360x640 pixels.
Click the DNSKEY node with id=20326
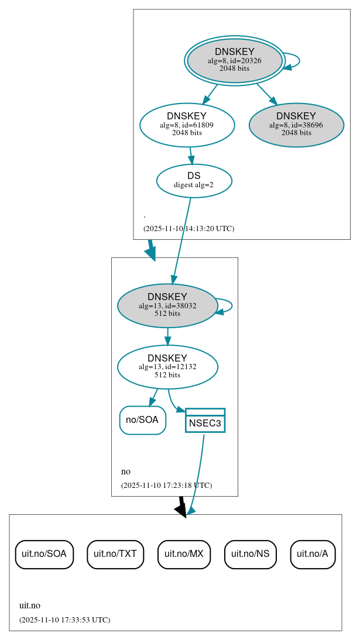(x=234, y=61)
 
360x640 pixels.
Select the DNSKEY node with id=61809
(x=187, y=125)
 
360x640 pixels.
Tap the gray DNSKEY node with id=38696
(x=296, y=125)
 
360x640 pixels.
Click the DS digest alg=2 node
(x=194, y=181)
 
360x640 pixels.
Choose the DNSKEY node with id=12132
(x=167, y=367)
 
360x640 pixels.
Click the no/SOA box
(x=142, y=420)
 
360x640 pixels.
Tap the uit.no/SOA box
(x=44, y=554)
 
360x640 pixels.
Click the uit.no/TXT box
(x=115, y=554)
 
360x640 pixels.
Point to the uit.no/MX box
(x=184, y=554)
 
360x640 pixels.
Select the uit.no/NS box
(x=250, y=554)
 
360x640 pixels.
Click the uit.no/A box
(x=313, y=554)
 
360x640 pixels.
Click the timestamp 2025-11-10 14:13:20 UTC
(x=188, y=229)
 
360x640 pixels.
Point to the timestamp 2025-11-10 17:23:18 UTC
(x=166, y=486)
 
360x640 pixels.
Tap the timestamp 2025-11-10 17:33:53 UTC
(x=64, y=620)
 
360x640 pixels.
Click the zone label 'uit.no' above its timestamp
(x=30, y=606)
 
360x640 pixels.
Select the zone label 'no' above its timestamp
(x=126, y=472)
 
